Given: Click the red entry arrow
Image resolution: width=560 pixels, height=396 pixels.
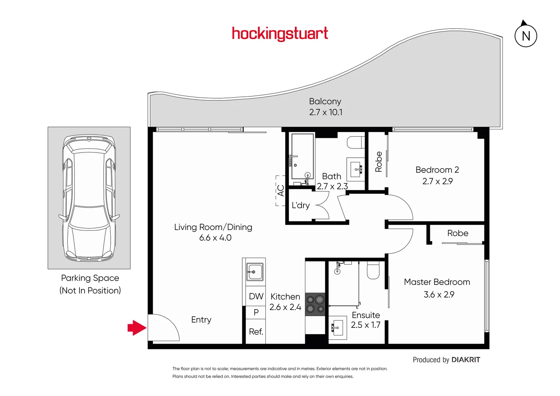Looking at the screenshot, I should point(137,327).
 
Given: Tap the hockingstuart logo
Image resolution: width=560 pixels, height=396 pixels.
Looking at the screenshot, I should point(280,34).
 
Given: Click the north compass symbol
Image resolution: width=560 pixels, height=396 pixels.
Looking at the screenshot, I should point(526,35).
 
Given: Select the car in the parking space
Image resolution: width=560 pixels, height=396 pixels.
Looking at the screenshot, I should point(89,198).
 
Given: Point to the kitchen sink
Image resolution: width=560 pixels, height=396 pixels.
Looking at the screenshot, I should point(254,272).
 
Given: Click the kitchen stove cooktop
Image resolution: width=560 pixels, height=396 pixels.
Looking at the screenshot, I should point(315,304).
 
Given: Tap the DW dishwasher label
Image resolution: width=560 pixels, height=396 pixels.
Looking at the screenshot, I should point(256,296).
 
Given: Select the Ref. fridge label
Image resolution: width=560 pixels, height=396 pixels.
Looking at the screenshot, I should point(256,331).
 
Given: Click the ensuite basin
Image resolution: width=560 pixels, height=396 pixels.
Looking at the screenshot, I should point(337,327).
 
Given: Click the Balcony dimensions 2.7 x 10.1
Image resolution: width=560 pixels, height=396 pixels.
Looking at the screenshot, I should point(325,112).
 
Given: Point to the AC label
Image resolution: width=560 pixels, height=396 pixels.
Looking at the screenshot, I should point(281,191).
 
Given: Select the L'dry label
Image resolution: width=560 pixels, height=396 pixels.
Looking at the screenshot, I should point(301,205).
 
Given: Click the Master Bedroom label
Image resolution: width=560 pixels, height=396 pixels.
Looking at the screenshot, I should point(437,282).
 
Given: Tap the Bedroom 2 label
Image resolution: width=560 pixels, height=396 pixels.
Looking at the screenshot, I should point(437,170).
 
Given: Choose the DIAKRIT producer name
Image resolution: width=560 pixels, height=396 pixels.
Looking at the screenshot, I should point(465,360).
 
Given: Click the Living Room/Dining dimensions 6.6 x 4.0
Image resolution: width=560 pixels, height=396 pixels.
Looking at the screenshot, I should point(215,238).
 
